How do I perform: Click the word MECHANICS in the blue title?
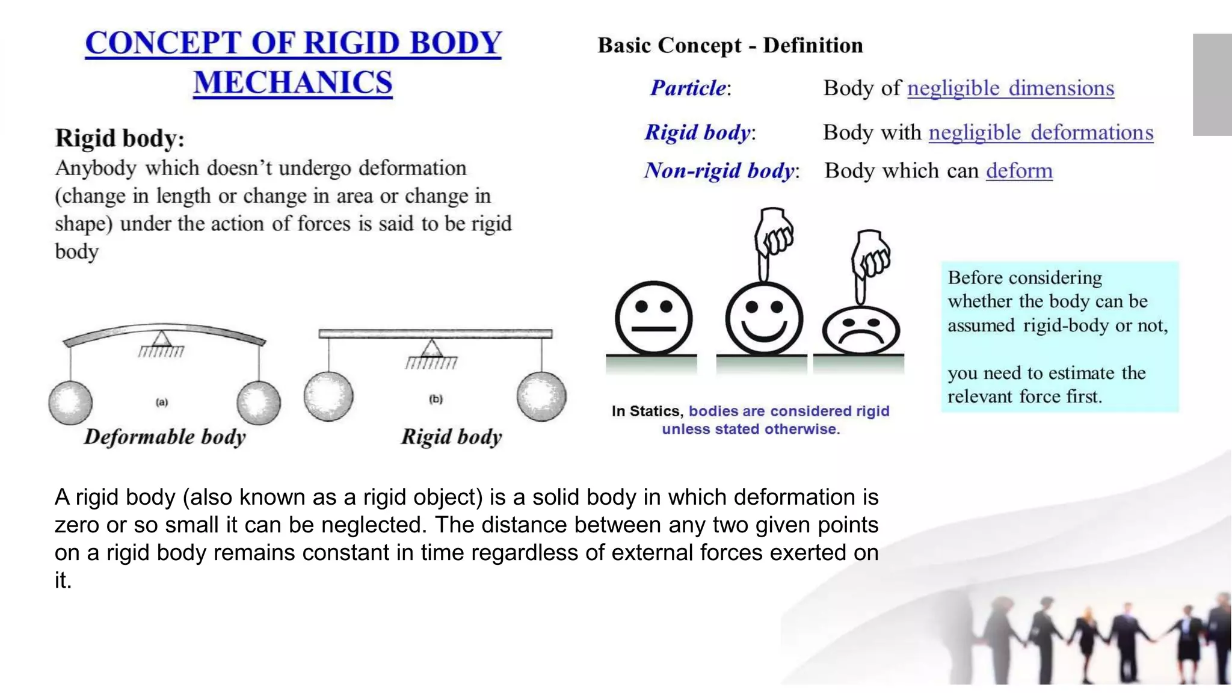click(x=293, y=82)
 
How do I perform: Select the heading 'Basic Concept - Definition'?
click(x=730, y=46)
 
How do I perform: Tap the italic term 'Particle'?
click(x=689, y=88)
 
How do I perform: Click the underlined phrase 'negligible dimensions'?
click(x=1011, y=88)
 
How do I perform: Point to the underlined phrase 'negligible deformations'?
click(x=1041, y=132)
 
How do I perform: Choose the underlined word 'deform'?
click(x=1019, y=171)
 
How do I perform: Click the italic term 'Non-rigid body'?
click(x=720, y=171)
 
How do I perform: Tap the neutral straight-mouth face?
click(x=653, y=318)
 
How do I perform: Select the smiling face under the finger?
click(x=764, y=318)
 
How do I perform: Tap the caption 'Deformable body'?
click(x=165, y=437)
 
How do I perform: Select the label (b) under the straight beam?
click(x=436, y=399)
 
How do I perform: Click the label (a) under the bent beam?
click(x=162, y=402)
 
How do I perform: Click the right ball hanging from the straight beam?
click(x=541, y=396)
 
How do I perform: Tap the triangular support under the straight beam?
click(x=431, y=349)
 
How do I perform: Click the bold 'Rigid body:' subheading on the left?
click(x=120, y=138)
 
